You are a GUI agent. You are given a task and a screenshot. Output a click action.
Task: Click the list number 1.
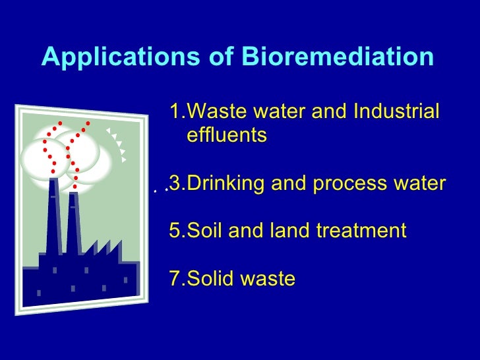tap(175, 112)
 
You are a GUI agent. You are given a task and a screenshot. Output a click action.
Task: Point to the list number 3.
tap(175, 183)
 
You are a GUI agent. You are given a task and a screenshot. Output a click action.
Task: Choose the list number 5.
tap(175, 231)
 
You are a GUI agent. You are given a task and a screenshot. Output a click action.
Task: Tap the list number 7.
tap(175, 279)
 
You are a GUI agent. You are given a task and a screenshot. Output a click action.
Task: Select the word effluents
tap(227, 136)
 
